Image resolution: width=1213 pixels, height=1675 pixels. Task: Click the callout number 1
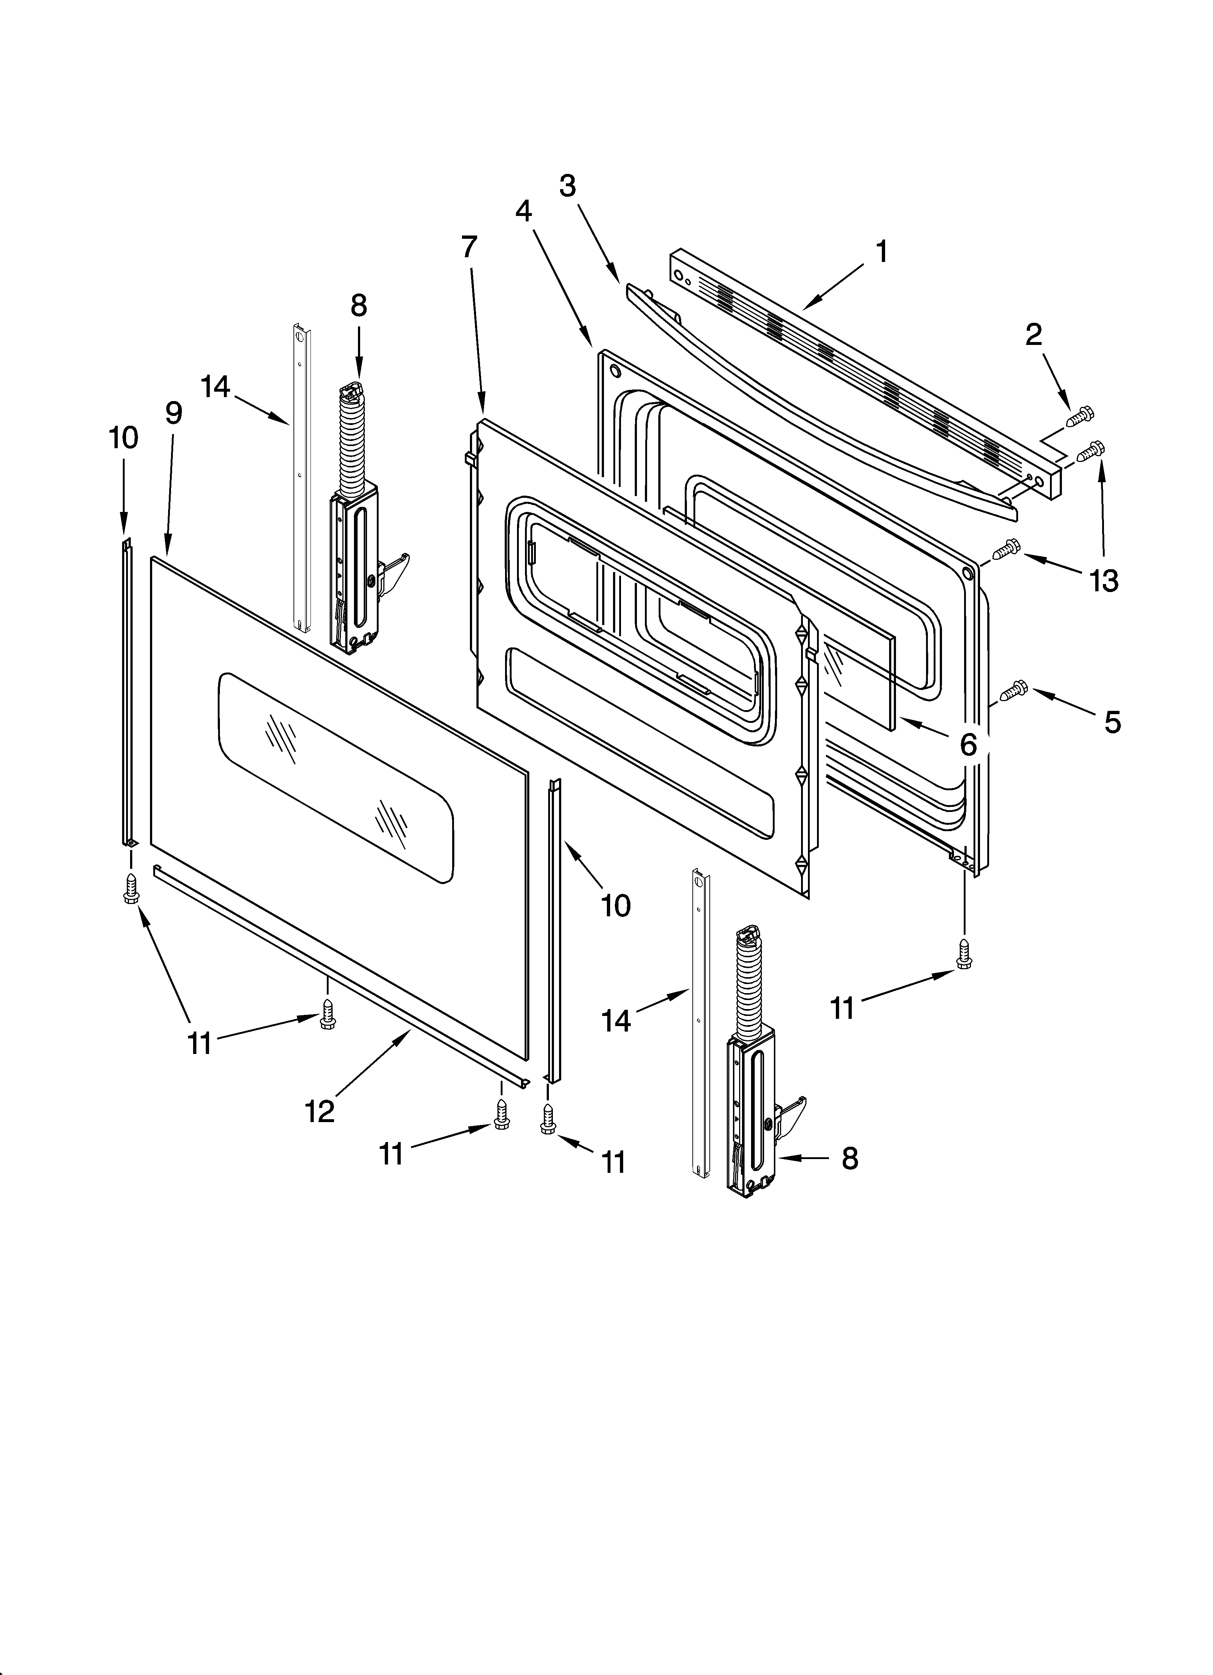point(881,252)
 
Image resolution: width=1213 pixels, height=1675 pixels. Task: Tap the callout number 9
point(174,413)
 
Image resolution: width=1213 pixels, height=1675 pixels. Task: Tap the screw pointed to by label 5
point(1013,691)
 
